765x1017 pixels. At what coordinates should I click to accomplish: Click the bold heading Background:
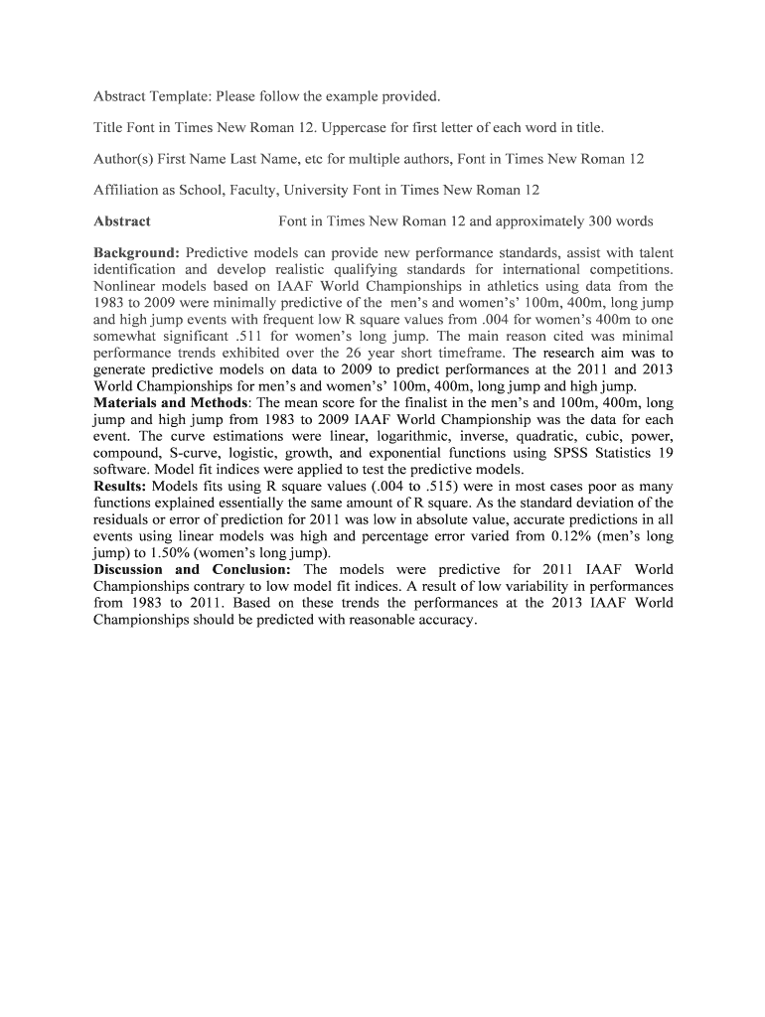point(136,252)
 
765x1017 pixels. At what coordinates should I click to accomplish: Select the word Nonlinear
point(129,286)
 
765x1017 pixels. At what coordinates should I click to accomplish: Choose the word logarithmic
point(393,436)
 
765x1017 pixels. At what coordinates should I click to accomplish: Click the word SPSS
point(572,453)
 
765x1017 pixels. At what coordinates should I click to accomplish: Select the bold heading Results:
point(120,487)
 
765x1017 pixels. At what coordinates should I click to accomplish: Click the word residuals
point(127,519)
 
